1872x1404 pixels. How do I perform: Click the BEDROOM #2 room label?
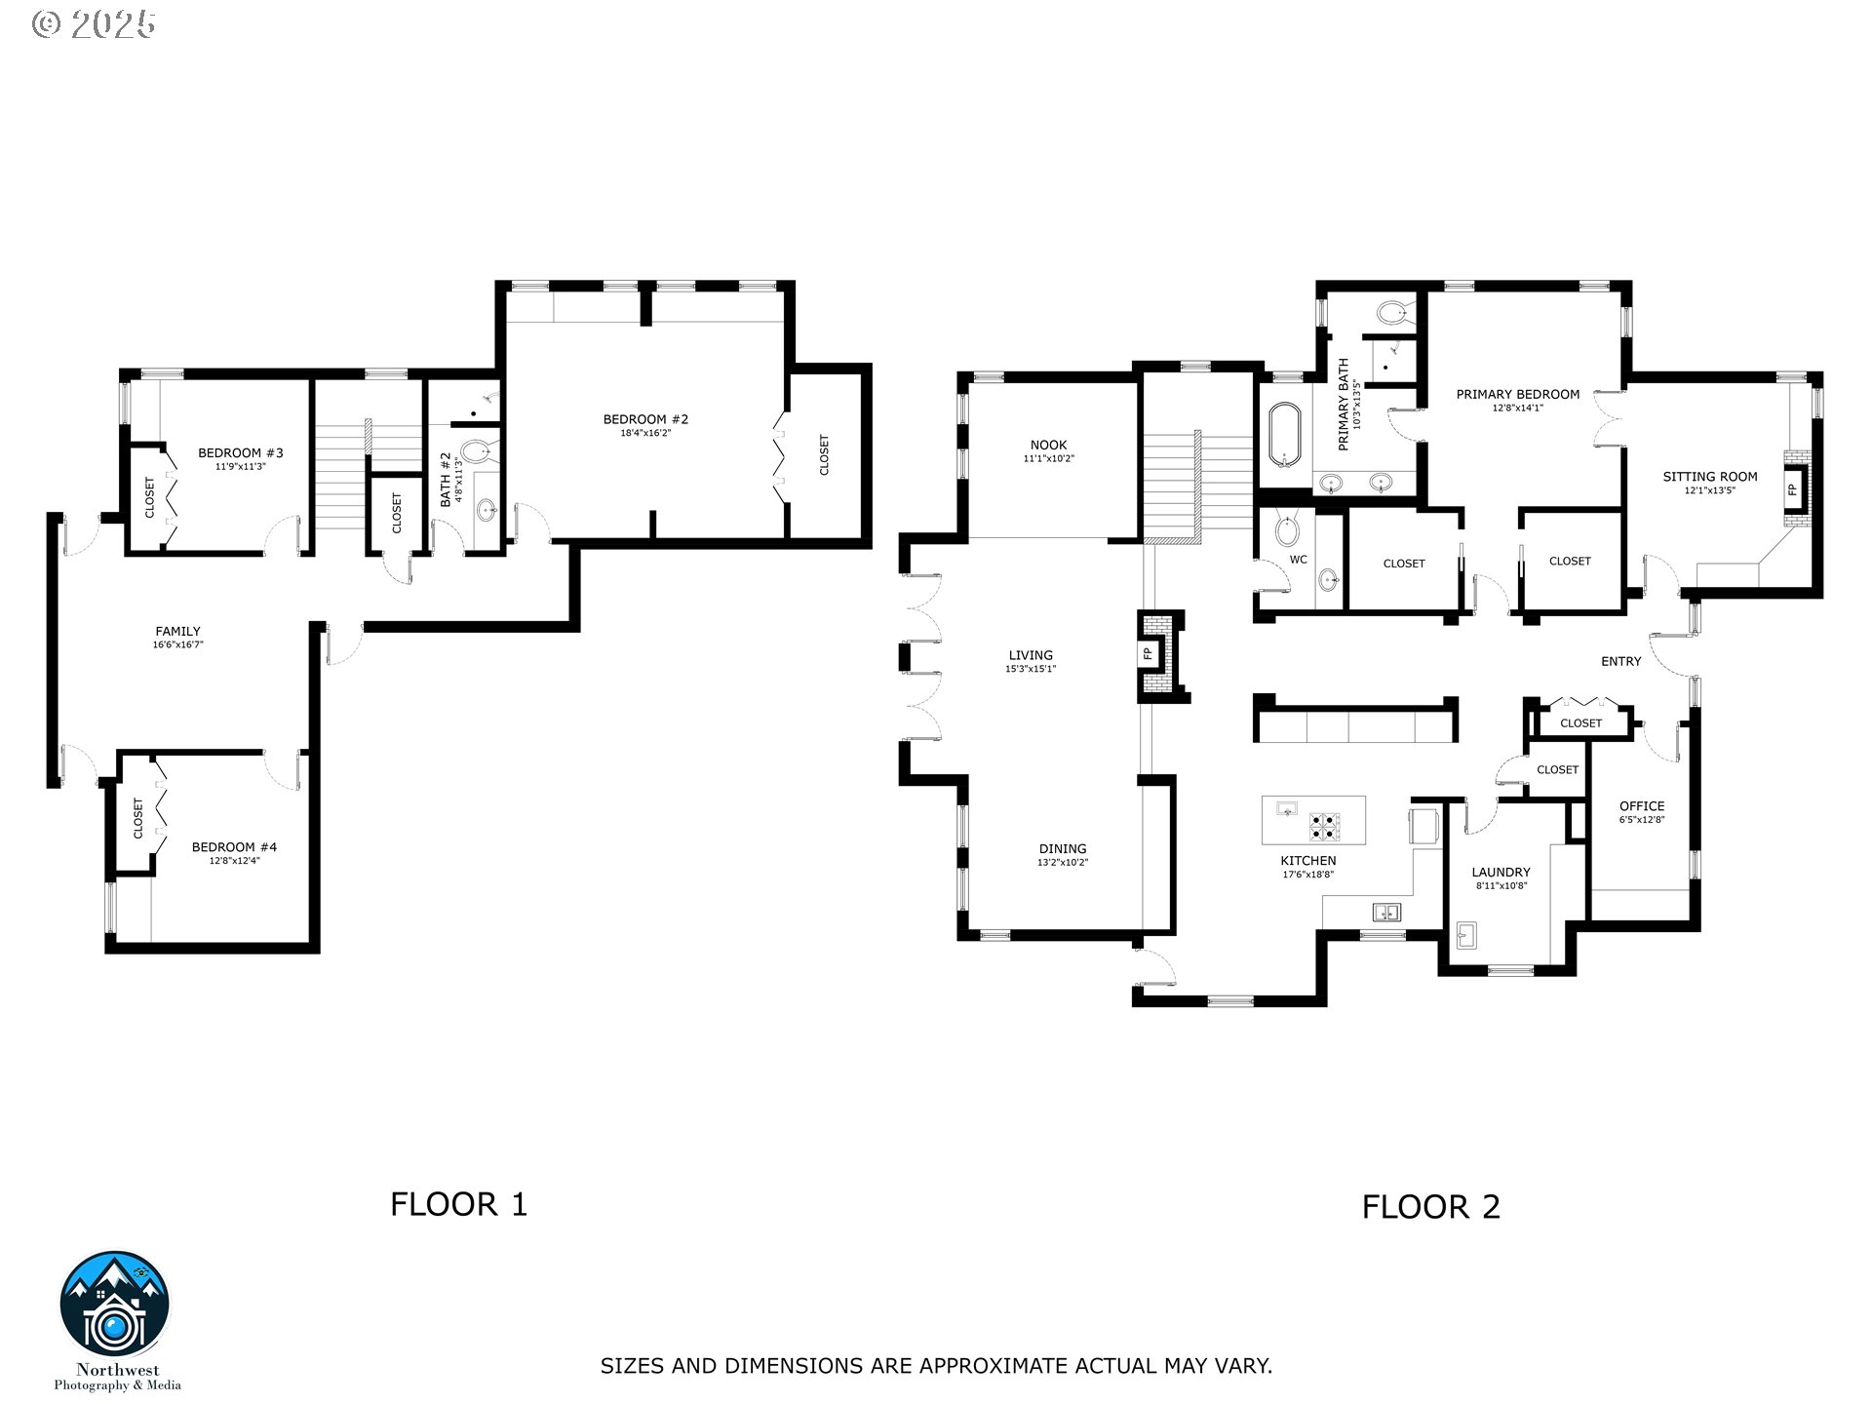pos(645,419)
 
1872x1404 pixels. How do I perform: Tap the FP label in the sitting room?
pos(1792,489)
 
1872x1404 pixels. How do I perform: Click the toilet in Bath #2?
pos(476,452)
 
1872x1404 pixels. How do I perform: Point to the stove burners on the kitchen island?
pos(1324,826)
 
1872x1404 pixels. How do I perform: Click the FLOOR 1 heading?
pos(458,1204)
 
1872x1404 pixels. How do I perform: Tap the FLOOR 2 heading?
pos(1430,1207)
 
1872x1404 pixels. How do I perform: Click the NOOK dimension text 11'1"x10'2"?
pos(1048,458)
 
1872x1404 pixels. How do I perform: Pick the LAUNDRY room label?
pos(1501,873)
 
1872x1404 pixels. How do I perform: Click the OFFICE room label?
pos(1642,806)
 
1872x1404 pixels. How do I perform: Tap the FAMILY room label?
pos(177,632)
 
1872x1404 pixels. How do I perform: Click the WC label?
pos(1298,560)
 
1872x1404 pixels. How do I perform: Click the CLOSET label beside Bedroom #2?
pos(824,454)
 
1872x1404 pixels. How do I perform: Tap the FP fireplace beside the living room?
pos(1149,653)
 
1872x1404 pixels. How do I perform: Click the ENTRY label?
pos(1620,661)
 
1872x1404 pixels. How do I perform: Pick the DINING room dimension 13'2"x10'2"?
pos(1062,862)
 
